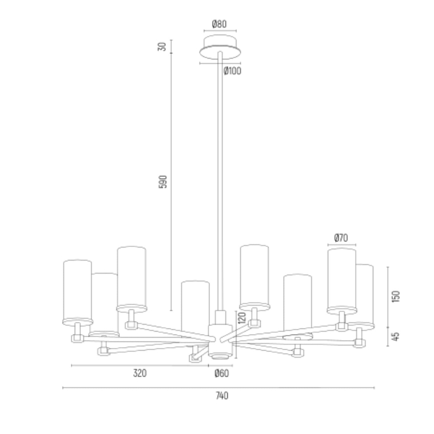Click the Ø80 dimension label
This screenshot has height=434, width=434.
point(219,24)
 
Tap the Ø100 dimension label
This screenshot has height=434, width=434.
point(232,71)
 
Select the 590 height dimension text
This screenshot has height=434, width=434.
point(163,182)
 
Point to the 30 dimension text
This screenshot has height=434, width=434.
point(162,47)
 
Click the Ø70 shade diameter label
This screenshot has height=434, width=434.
point(341,238)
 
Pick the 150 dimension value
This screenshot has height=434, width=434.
point(396,296)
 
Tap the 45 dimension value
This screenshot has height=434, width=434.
point(396,336)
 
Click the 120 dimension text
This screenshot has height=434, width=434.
point(241,318)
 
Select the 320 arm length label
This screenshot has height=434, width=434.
point(140,373)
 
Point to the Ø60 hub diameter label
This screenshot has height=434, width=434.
point(222,373)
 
